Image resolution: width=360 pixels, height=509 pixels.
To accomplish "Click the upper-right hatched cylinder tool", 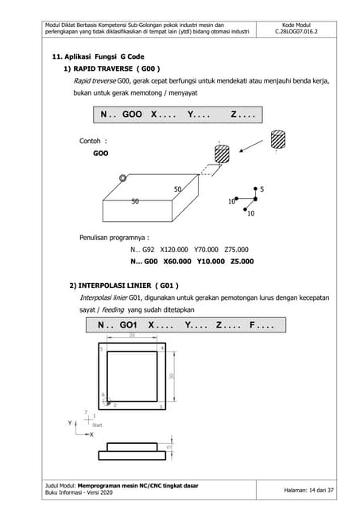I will pyautogui.click(x=278, y=139).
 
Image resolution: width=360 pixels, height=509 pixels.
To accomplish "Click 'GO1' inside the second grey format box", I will pyautogui.click(x=130, y=326).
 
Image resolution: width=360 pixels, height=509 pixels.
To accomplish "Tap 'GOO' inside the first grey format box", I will pyautogui.click(x=133, y=115).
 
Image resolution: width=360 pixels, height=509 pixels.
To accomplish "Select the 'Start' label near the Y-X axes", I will pyautogui.click(x=98, y=425).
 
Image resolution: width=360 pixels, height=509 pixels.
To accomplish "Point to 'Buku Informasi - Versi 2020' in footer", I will pyautogui.click(x=90, y=495).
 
